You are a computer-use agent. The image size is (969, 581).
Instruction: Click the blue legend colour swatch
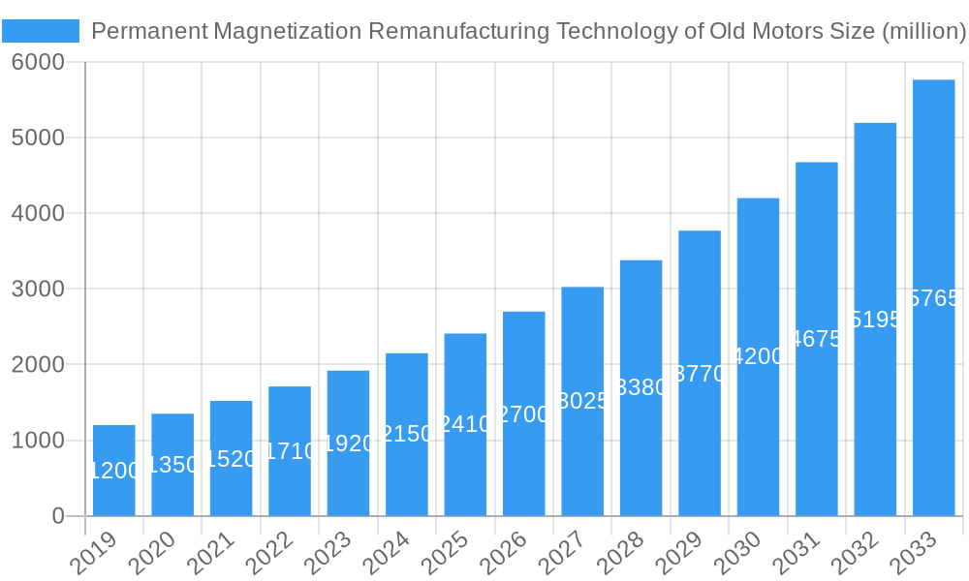pyautogui.click(x=41, y=31)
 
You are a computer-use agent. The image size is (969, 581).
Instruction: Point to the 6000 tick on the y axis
pyautogui.click(x=38, y=62)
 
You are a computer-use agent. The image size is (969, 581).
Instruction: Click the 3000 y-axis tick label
pyautogui.click(x=38, y=289)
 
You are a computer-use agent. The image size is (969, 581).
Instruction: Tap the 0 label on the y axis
pyautogui.click(x=57, y=516)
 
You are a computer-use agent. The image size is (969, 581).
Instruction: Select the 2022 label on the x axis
pyautogui.click(x=275, y=554)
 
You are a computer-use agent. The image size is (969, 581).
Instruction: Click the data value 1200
pyautogui.click(x=114, y=471)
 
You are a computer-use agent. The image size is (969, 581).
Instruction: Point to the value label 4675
pyautogui.click(x=817, y=339)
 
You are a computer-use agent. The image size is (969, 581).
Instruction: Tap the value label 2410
pyautogui.click(x=465, y=424)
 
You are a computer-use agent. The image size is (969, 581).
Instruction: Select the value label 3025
pyautogui.click(x=582, y=401)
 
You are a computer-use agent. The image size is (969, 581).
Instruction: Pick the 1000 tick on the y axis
pyautogui.click(x=38, y=441)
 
